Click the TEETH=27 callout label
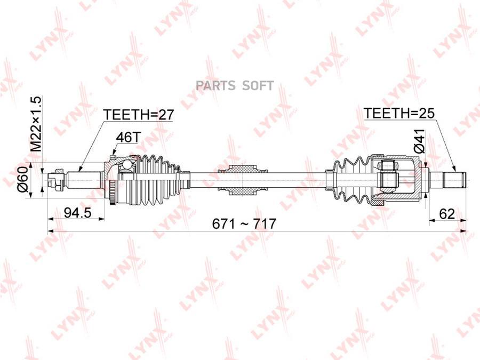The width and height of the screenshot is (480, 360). tap(139, 115)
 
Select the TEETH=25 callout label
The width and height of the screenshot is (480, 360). tap(398, 113)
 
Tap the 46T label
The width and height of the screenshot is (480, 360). tap(127, 138)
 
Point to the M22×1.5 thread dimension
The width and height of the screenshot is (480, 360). tap(36, 124)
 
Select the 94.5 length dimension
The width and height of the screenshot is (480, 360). tap(78, 212)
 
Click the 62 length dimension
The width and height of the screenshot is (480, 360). tap(447, 214)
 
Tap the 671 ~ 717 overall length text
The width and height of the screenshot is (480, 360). tap(244, 224)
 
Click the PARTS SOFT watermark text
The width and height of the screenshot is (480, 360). tap(235, 86)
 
